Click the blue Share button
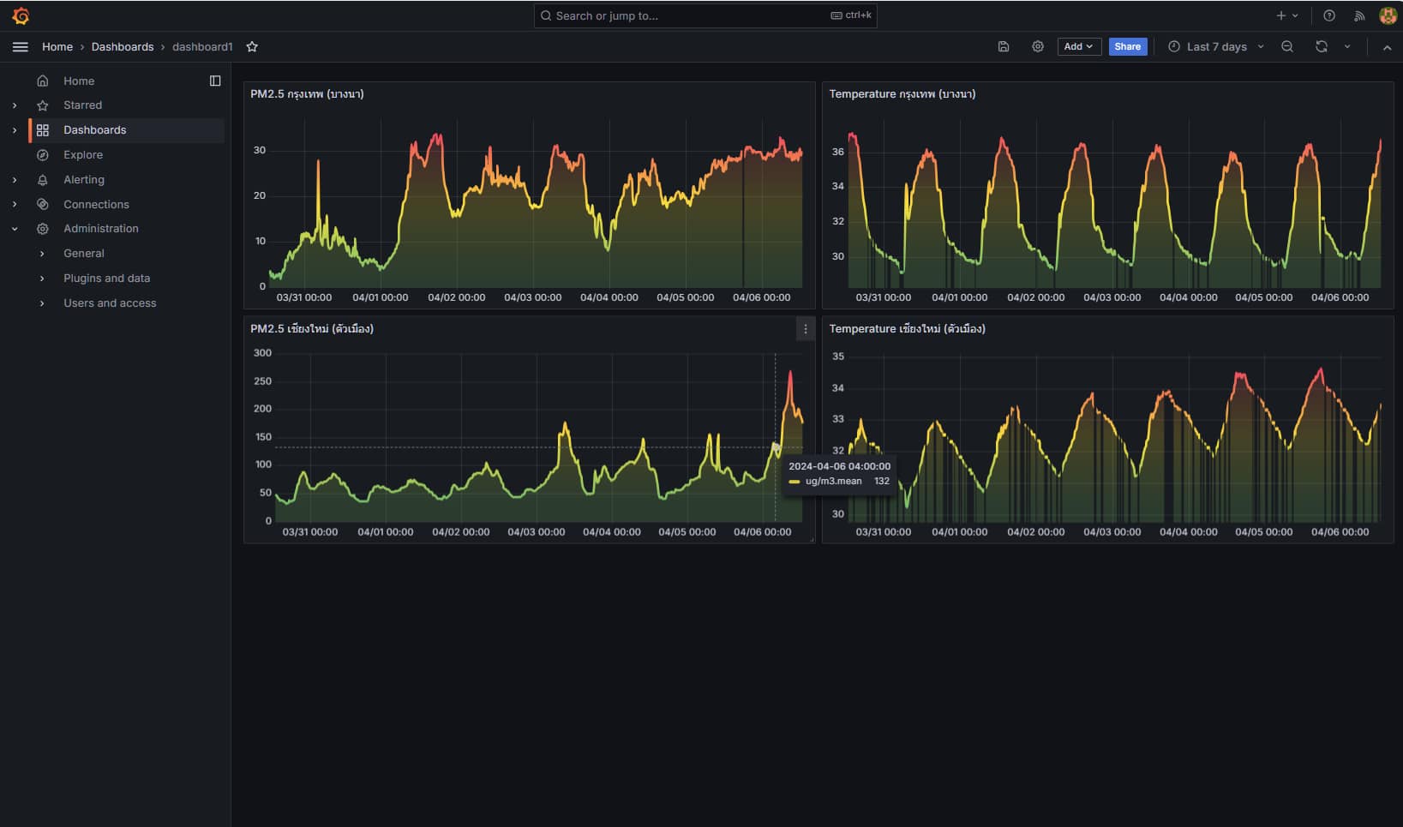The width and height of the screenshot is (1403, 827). (x=1127, y=46)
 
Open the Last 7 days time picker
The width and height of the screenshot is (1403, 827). (x=1215, y=46)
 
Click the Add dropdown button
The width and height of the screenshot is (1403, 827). (x=1077, y=46)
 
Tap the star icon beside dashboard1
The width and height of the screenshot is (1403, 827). (x=252, y=46)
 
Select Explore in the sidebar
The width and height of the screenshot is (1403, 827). (x=83, y=155)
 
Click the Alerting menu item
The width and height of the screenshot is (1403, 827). (x=84, y=180)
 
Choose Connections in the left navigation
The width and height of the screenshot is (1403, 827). (x=96, y=205)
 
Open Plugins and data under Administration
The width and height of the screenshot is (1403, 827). (x=106, y=279)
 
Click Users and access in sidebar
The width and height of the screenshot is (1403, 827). (x=110, y=303)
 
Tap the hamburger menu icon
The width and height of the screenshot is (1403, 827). (x=21, y=46)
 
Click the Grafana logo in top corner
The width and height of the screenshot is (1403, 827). (x=21, y=15)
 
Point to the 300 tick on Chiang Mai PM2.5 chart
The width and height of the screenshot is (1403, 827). (x=262, y=353)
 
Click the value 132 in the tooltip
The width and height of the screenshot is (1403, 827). (x=882, y=482)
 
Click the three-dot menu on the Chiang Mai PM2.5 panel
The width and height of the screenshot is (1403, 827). (x=806, y=329)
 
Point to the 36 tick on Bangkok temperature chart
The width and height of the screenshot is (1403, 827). (x=837, y=152)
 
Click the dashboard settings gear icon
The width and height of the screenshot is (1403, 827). (x=1038, y=46)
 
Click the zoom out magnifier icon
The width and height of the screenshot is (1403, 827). (x=1287, y=46)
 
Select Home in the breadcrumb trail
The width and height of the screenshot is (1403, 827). (x=57, y=46)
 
